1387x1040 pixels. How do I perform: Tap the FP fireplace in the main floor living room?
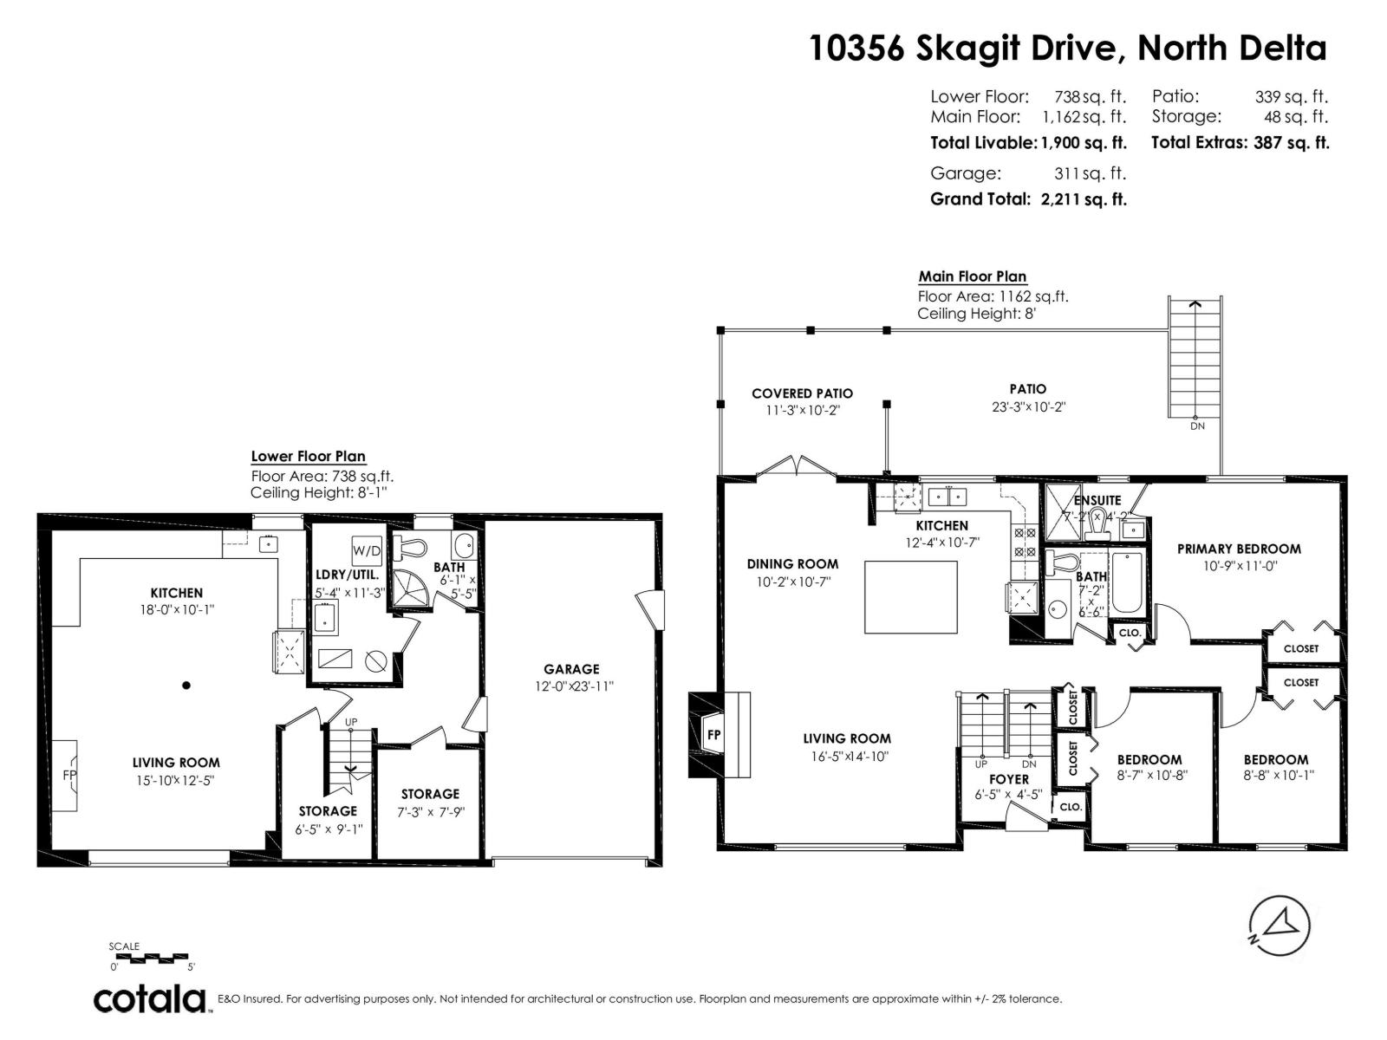click(x=713, y=734)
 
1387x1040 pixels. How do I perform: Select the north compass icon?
click(x=1279, y=926)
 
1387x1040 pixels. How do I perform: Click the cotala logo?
click(x=150, y=998)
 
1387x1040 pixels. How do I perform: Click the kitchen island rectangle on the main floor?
click(x=911, y=596)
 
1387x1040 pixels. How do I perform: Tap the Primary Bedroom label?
click(x=1238, y=549)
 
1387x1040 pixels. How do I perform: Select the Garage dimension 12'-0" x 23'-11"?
click(x=571, y=686)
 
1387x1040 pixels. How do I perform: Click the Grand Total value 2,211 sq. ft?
click(x=1084, y=199)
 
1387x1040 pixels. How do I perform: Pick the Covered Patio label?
click(x=802, y=393)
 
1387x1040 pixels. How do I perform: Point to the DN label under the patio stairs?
click(x=1196, y=426)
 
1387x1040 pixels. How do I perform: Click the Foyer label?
click(x=1008, y=779)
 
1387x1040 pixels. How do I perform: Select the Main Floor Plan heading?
click(x=972, y=276)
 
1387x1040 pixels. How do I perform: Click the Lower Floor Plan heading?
click(x=308, y=456)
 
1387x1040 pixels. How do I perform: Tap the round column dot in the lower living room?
click(x=186, y=686)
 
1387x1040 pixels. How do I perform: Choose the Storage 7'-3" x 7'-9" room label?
click(x=430, y=794)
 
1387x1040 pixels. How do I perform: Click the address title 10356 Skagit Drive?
click(x=1066, y=48)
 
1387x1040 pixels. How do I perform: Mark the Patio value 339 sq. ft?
click(x=1291, y=97)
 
